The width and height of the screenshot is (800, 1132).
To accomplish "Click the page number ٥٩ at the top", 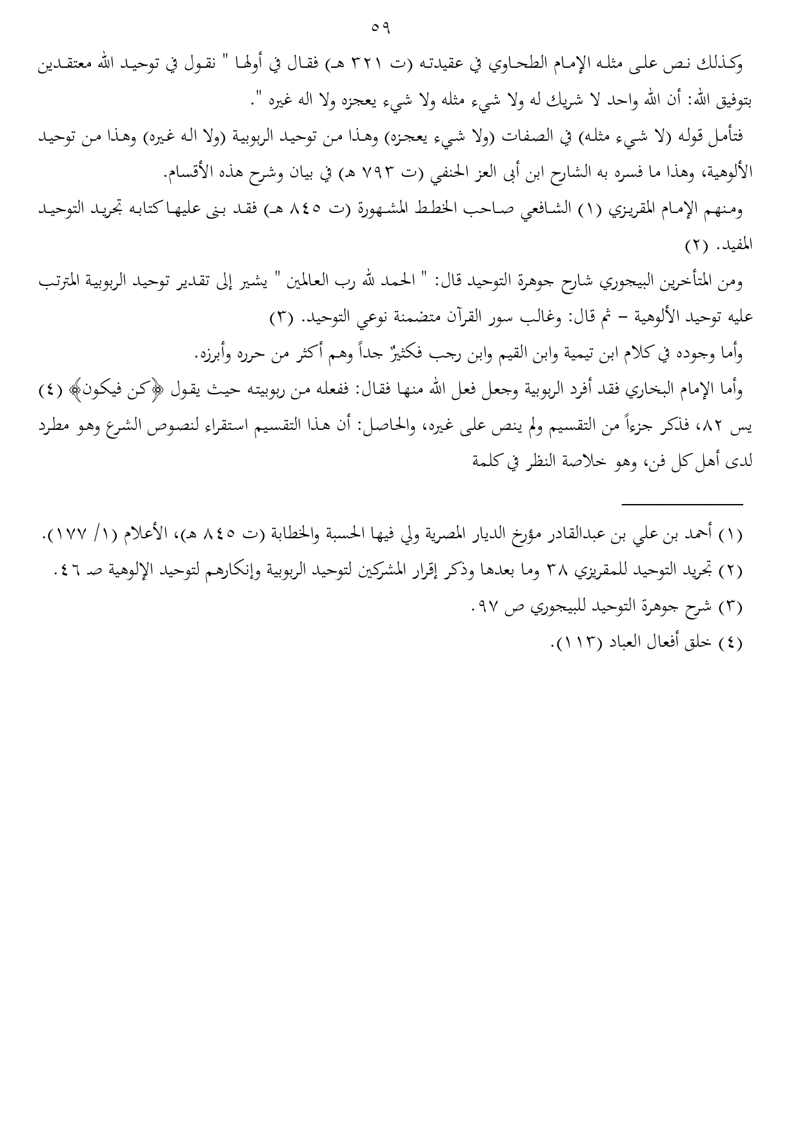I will point(382,28).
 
